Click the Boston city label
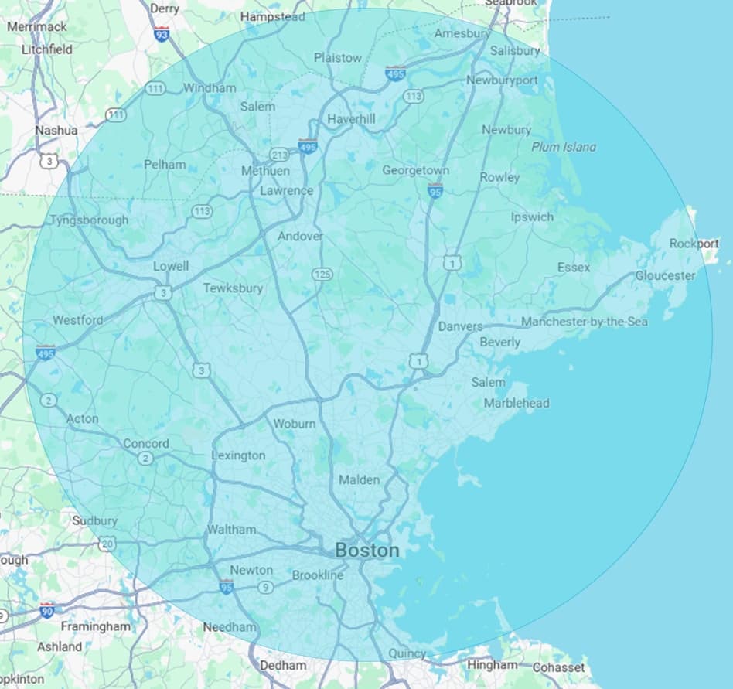point(367,551)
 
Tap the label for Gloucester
point(665,276)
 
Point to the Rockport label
point(694,244)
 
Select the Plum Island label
point(564,147)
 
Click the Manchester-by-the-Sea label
point(584,322)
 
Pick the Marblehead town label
point(516,403)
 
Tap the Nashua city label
point(56,131)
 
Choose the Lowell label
point(170,266)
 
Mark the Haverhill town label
point(351,119)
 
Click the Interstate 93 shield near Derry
point(162,34)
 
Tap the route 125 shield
point(322,275)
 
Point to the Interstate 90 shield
point(47,609)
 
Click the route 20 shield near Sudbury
point(107,544)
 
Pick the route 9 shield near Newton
point(265,588)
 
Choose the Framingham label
point(96,626)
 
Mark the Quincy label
point(407,653)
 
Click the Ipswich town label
point(532,217)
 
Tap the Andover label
point(300,237)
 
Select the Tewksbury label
point(233,288)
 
